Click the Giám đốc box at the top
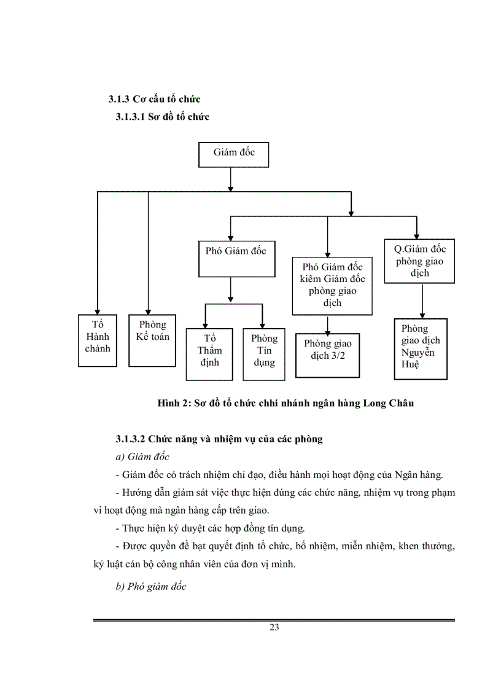coord(234,154)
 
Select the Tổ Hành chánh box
coord(98,341)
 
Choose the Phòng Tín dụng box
coord(264,350)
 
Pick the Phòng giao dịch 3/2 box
coord(328,355)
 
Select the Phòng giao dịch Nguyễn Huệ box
coord(421,349)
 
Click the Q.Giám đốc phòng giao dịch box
coord(420,261)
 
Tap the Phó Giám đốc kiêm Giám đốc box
coord(332,286)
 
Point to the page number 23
coord(274,627)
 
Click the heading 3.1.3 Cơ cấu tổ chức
coord(154,99)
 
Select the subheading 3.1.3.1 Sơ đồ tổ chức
coord(162,117)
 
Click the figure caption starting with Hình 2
coord(285,404)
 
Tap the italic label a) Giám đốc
coord(142,457)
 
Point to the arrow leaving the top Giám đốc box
coord(230,178)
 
